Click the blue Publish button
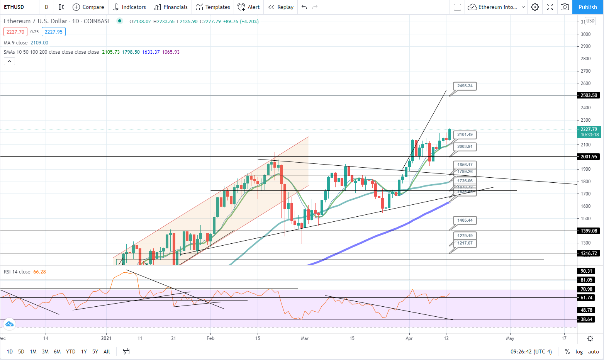coord(588,7)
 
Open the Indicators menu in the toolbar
coord(129,7)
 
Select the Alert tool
coord(249,7)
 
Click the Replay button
coord(281,7)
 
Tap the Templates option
coord(213,7)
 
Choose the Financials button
coord(171,7)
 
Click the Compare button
coord(88,7)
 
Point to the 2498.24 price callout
coord(465,86)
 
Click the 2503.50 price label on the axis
coord(589,95)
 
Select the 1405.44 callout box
coord(465,220)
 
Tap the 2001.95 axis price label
coord(589,157)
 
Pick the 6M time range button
coord(57,352)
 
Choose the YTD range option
coord(71,352)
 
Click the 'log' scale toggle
coord(579,352)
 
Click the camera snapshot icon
coord(565,7)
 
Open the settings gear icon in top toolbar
coord(535,7)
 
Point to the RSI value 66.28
coord(39,272)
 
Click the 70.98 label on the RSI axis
coord(586,289)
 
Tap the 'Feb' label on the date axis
coord(210,338)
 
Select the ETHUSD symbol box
coord(14,7)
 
